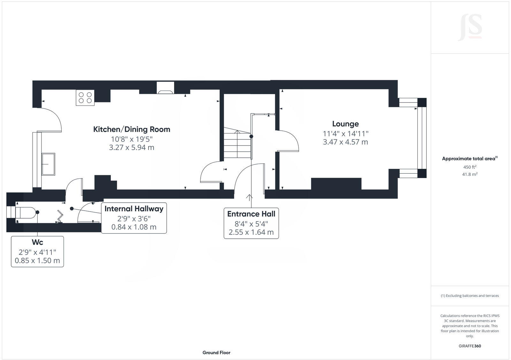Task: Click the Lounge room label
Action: pos(345,124)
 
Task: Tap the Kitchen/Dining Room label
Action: pos(132,129)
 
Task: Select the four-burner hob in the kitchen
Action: pos(85,98)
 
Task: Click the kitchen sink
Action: pos(48,164)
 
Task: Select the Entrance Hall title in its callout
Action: pos(251,214)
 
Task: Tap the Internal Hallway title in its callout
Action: pos(134,209)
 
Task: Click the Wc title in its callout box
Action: pos(37,242)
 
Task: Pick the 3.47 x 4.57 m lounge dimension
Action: pos(345,142)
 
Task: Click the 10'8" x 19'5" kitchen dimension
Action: pos(132,139)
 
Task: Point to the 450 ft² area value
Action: pos(470,167)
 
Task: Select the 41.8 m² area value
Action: pos(470,174)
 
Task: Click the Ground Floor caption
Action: pos(216,353)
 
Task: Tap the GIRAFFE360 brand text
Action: pos(470,346)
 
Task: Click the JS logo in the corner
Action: pos(470,27)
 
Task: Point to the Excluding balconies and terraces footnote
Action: pos(470,296)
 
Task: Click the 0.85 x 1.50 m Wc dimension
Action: pos(37,260)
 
